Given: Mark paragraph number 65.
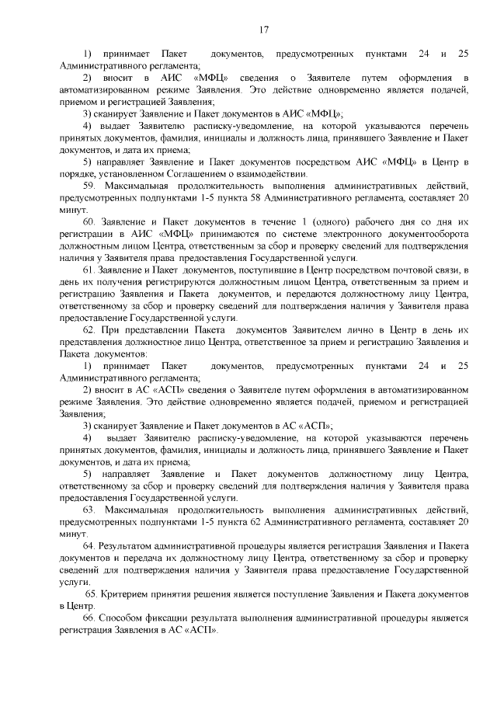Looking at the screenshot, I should click(x=91, y=593).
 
